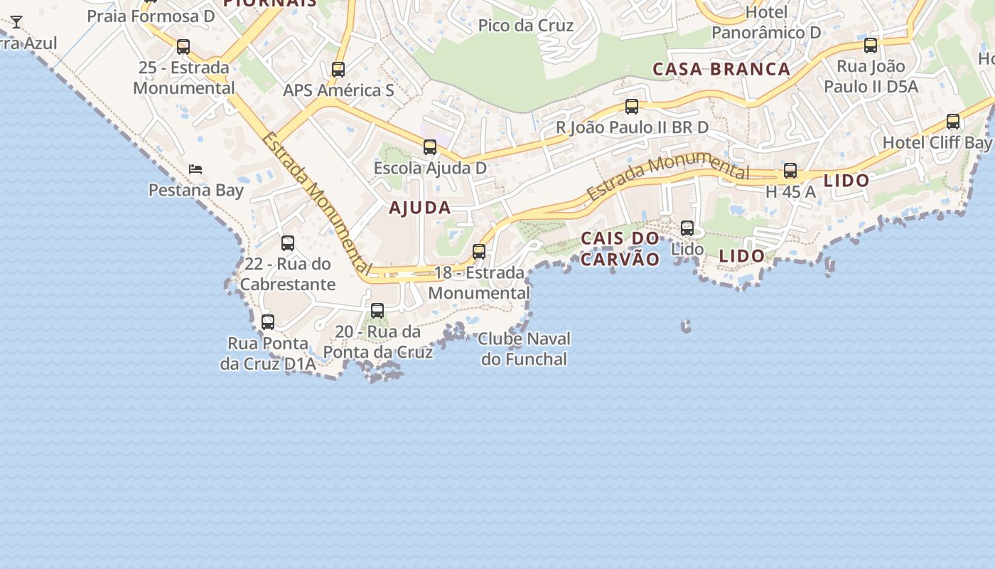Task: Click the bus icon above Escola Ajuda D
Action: (430, 147)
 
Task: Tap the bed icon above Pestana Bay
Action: (195, 169)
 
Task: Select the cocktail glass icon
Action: (16, 22)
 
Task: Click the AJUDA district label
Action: (420, 208)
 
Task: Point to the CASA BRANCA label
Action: (721, 69)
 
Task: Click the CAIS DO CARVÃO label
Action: (620, 248)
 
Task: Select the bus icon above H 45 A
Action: (790, 171)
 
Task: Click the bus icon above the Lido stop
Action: (687, 228)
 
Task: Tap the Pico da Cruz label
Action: (526, 26)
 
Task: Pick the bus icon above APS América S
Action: (338, 70)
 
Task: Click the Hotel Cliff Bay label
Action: (937, 142)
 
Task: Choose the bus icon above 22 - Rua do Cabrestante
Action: (288, 243)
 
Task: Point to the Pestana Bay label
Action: (196, 190)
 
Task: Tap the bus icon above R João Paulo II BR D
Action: (632, 107)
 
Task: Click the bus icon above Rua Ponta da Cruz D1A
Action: (268, 322)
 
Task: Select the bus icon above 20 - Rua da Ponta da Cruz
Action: (377, 311)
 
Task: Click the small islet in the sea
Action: (686, 326)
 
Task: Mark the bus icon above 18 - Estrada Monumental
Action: (479, 252)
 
